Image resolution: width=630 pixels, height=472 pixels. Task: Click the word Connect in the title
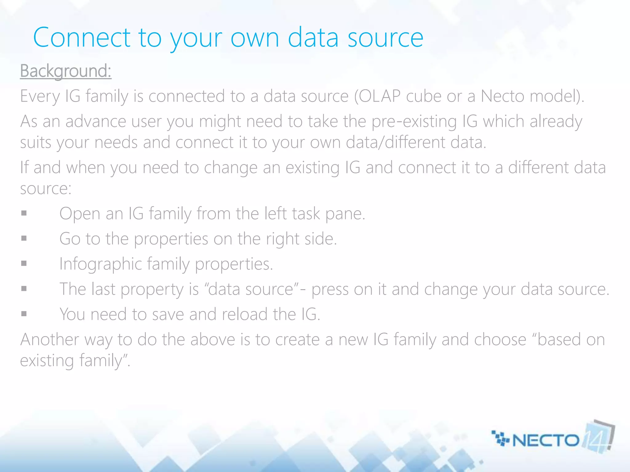82,37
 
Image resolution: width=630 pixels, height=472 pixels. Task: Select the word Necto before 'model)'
502,96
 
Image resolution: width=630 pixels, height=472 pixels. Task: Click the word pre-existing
414,121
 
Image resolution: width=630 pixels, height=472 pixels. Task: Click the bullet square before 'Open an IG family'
24,213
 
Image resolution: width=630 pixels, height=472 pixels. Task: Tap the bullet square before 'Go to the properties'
24,238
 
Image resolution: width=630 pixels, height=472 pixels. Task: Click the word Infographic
100,264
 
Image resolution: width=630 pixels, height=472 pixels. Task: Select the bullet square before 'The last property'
24,289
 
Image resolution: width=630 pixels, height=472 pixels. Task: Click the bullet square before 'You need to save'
24,314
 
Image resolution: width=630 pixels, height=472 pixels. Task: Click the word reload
245,314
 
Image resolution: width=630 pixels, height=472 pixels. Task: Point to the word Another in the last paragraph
50,340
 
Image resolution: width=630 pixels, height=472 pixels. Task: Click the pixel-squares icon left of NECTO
500,438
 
